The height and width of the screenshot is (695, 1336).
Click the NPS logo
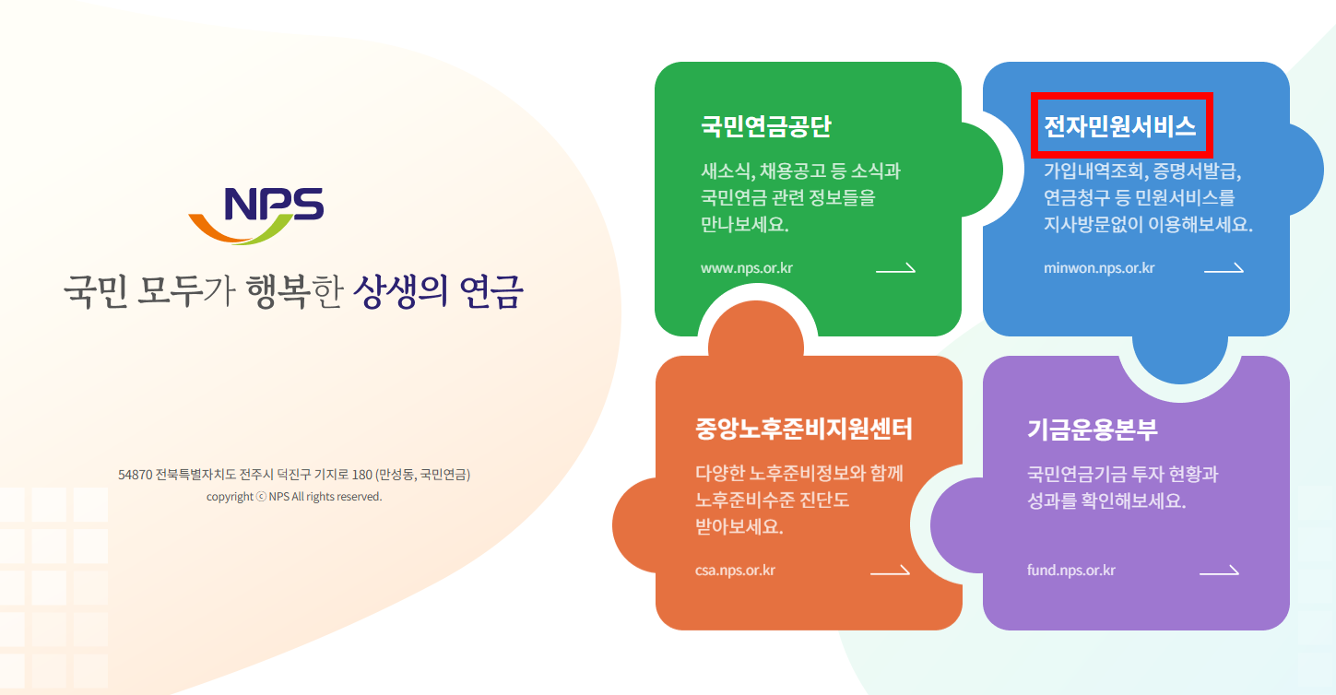coord(256,215)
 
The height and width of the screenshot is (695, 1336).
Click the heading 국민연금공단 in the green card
coord(765,127)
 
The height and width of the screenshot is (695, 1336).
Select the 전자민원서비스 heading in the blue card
coord(1119,126)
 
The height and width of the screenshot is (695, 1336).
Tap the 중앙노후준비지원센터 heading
coord(803,430)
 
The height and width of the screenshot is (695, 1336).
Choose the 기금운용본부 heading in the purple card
coord(1092,430)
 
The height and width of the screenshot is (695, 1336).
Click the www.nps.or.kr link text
coord(746,269)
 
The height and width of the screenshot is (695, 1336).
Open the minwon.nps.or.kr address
coord(1098,269)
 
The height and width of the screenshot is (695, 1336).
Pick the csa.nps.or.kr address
coord(735,571)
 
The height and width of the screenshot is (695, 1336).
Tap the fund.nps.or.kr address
coord(1070,571)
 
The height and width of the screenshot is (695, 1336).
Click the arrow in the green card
coord(895,269)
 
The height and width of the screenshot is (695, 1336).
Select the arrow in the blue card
coord(1224,269)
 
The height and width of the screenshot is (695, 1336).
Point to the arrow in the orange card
coord(890,571)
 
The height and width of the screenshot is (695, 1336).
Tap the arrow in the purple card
coord(1219,571)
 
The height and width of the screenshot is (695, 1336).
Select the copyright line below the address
coord(294,497)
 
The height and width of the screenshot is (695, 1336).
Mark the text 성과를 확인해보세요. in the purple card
coord(1105,502)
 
